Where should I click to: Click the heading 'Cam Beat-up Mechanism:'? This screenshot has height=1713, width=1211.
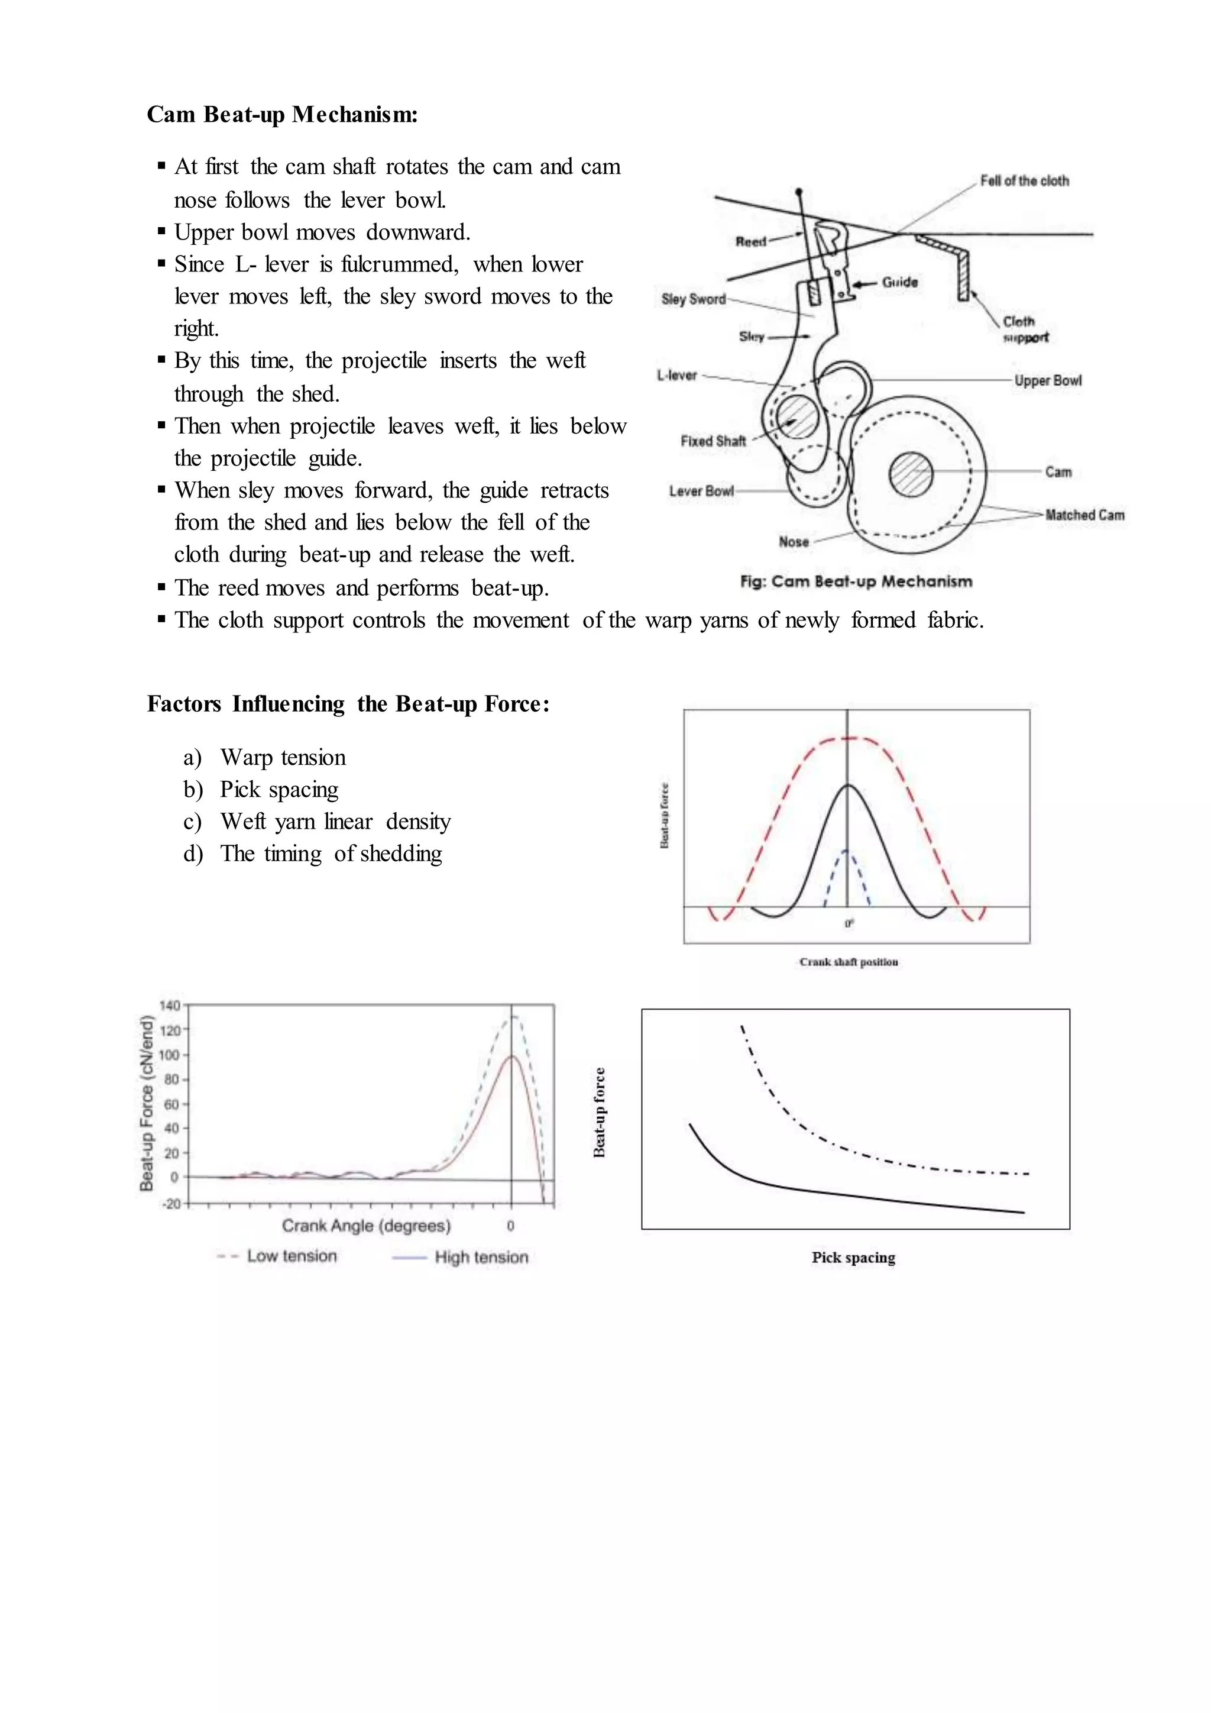tap(282, 114)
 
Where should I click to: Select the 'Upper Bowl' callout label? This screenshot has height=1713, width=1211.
tap(1047, 380)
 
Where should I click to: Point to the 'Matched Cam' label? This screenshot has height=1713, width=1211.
tap(1084, 515)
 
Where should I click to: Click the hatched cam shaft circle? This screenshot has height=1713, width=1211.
tap(911, 473)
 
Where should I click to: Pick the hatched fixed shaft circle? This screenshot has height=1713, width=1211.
tap(798, 416)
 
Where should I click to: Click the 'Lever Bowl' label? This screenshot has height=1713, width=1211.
tap(701, 491)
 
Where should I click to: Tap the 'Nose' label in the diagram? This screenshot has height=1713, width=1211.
tap(794, 542)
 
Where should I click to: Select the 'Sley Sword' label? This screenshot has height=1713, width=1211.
tap(694, 299)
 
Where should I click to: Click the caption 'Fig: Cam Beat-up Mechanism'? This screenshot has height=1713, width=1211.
tap(856, 581)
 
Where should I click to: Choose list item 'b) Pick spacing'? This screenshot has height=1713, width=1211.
tap(261, 789)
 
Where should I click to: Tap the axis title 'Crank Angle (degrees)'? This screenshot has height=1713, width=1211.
tap(366, 1225)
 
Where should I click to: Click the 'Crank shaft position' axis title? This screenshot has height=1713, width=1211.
tap(849, 962)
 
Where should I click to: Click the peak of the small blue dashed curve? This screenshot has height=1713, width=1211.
tap(846, 850)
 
